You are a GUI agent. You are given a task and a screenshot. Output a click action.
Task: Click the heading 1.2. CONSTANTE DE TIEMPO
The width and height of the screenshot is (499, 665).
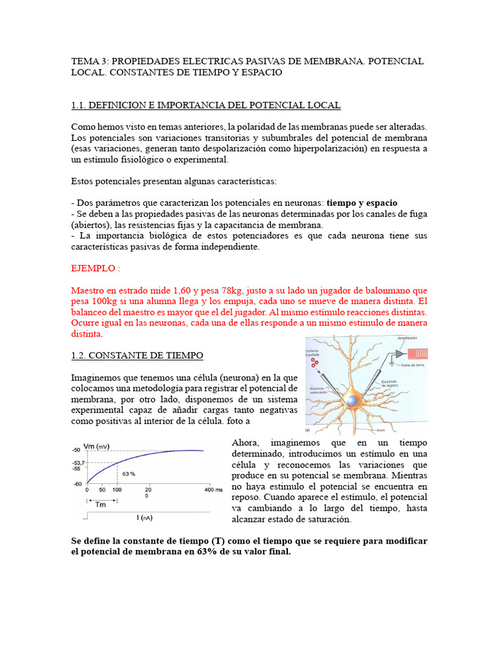coord(136,355)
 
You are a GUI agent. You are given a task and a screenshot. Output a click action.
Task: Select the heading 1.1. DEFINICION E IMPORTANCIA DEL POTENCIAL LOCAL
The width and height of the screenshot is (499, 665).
coord(205,105)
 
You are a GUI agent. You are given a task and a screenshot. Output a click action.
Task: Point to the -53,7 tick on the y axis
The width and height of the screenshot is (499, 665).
coord(77,462)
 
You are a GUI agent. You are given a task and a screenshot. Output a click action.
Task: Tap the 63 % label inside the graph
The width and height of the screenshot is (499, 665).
coord(129,473)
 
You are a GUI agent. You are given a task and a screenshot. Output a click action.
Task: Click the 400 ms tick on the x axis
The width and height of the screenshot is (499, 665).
coord(214,489)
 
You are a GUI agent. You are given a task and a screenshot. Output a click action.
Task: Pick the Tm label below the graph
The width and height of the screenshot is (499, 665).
coord(101,505)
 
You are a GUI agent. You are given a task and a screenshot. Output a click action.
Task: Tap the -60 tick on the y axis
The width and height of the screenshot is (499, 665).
coord(78,484)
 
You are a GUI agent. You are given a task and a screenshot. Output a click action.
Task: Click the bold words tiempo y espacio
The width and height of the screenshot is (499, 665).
coord(362,203)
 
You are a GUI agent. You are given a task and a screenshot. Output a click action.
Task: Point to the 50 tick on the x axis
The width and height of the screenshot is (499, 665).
coord(102,489)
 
